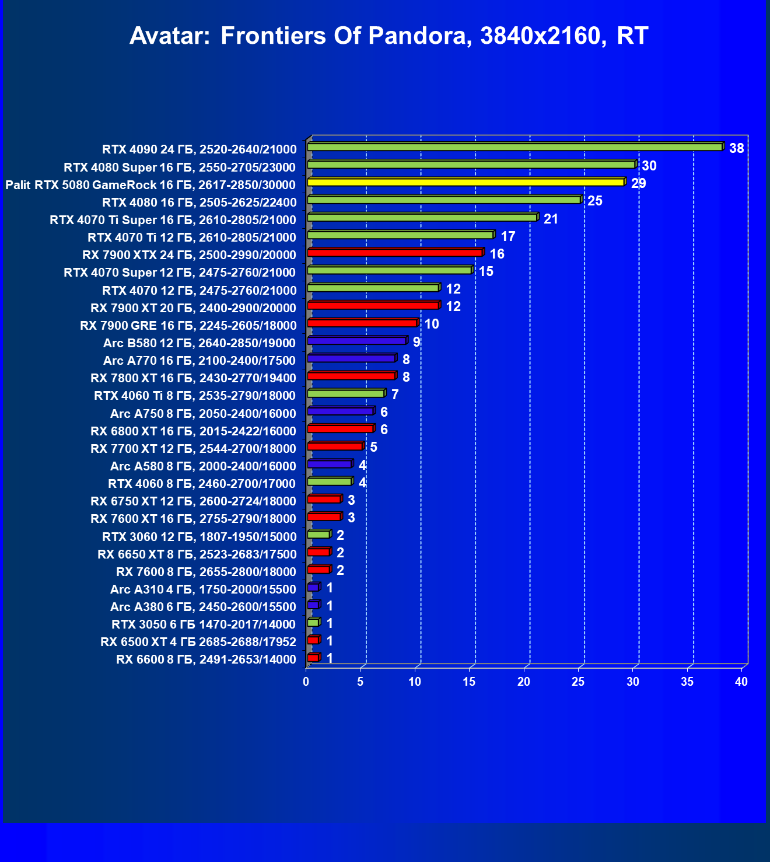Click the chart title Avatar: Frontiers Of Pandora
coord(388,36)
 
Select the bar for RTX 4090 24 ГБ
coord(514,147)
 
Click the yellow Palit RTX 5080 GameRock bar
coord(466,182)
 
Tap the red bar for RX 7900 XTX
coord(395,253)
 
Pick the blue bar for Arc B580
coord(356,340)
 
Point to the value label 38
coord(736,148)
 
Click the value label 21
coord(551,219)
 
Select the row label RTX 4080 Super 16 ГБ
coord(180,167)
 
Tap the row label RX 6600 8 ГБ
coord(206,659)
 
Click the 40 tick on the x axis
coord(741,682)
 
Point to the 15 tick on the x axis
coord(469,682)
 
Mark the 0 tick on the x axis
coord(306,682)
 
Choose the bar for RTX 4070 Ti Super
coord(422,217)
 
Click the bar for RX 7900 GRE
coord(362,323)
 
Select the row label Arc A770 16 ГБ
coord(199,361)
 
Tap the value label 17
coord(508,236)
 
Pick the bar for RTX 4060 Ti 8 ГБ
coord(346,393)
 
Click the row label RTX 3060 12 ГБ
coord(199,536)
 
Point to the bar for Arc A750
coord(340,411)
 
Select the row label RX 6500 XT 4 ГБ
coord(198,642)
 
